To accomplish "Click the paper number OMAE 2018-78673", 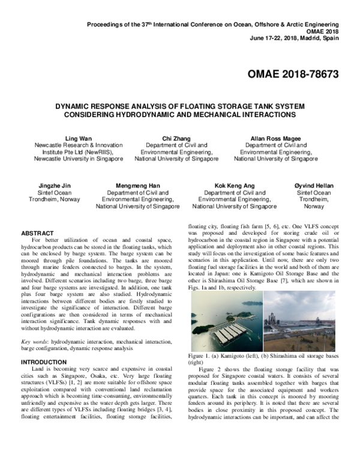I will coord(293,74).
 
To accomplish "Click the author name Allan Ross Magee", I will coord(275,138).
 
